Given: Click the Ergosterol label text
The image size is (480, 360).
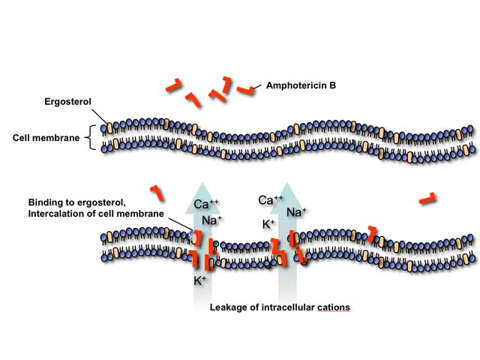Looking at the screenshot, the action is pyautogui.click(x=67, y=102).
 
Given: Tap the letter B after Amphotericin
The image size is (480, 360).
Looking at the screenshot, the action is pyautogui.click(x=333, y=85).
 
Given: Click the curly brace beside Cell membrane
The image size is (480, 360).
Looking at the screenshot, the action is pyautogui.click(x=89, y=137).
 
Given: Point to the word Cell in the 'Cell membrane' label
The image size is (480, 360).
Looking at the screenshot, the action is pyautogui.click(x=21, y=138).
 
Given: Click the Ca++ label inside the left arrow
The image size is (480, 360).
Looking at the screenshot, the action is pyautogui.click(x=206, y=203).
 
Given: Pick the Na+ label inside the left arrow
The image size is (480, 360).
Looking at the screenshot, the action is pyautogui.click(x=211, y=220).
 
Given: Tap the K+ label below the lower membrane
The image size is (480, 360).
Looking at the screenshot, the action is pyautogui.click(x=199, y=280).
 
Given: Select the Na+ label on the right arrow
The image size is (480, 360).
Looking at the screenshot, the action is pyautogui.click(x=296, y=211).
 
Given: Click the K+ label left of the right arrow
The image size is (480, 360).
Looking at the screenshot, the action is pyautogui.click(x=268, y=224).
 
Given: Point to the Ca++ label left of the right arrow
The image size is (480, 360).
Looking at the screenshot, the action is pyautogui.click(x=271, y=200).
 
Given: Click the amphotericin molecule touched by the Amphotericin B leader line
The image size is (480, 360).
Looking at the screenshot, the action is pyautogui.click(x=245, y=90).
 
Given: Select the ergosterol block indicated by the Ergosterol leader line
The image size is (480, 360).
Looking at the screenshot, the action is pyautogui.click(x=109, y=127).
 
